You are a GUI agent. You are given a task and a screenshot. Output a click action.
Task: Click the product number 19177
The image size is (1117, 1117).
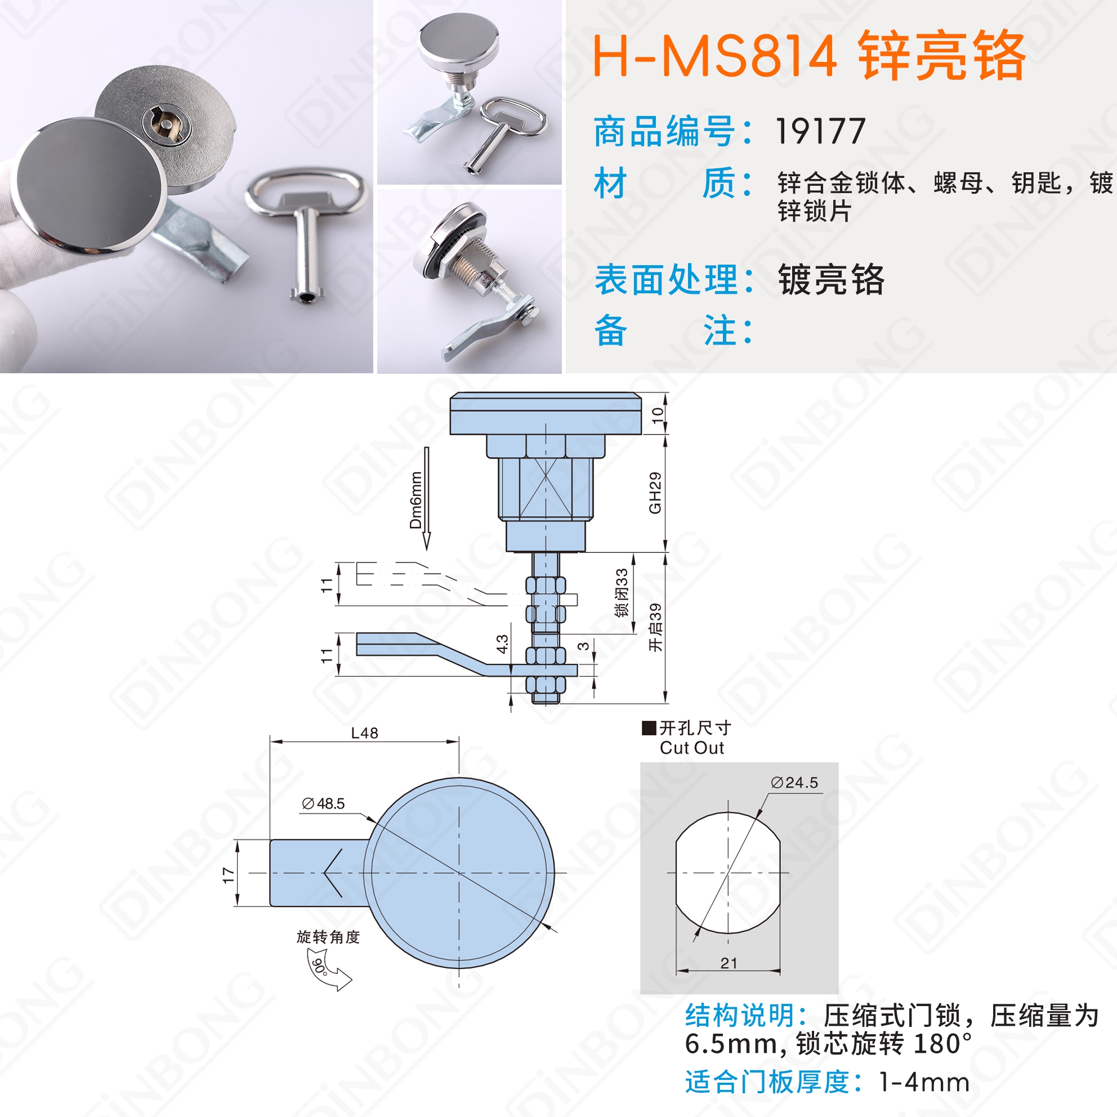point(820,131)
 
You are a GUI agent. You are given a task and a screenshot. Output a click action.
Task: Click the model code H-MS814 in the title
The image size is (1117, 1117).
point(715,56)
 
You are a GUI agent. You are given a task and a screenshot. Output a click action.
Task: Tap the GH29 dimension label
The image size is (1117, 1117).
point(655,493)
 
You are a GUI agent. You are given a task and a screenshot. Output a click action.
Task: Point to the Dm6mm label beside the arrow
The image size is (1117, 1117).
point(415,500)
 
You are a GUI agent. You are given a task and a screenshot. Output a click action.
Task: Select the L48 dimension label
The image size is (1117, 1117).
point(365,733)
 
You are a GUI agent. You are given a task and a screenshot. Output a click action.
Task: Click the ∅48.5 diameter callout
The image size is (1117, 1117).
point(323,803)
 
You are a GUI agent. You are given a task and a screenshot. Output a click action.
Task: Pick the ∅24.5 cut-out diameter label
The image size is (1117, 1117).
point(794,783)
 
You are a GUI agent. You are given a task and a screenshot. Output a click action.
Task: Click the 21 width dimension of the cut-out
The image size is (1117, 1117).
point(729,963)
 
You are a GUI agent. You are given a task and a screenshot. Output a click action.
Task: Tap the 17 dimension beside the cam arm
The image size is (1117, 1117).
point(229,875)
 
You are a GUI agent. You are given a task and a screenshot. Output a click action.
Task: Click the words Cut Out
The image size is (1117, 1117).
point(691,748)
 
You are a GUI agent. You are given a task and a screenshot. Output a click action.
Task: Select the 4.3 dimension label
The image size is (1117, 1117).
point(502,644)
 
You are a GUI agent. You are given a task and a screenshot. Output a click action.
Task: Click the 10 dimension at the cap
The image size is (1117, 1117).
point(658,415)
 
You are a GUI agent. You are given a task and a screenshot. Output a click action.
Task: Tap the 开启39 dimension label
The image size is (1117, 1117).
point(655,628)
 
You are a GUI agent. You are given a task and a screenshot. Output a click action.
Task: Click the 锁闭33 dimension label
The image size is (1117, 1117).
point(622,593)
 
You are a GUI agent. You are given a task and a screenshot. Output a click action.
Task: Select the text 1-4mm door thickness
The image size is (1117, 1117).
point(924,1082)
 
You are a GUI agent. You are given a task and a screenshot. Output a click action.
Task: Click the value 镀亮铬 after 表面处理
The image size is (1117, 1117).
point(832,280)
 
